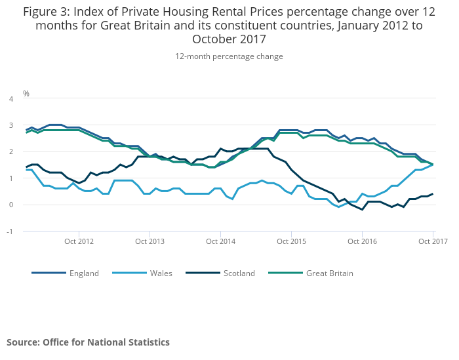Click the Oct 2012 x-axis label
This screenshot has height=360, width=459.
pos(79,241)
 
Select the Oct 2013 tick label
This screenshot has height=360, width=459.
pos(150,241)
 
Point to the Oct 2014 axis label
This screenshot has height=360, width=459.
pos(220,241)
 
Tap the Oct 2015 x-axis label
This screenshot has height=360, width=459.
pos(291,241)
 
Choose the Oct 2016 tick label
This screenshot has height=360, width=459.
pos(362,241)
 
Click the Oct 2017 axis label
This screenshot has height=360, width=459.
pos(433,241)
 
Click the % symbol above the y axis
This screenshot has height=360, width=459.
pos(26,93)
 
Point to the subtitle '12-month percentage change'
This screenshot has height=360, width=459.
pos(229,56)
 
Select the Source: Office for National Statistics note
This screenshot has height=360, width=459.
pos(88,342)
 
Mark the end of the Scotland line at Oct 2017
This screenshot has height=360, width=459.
pos(433,194)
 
